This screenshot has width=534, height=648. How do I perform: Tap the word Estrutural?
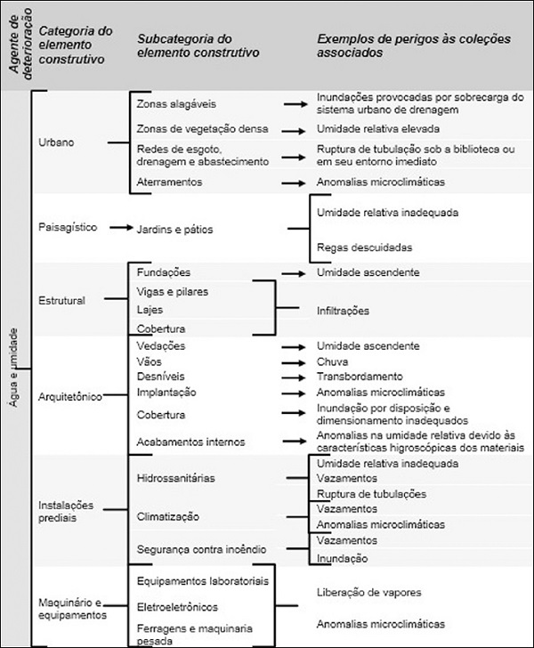point(63,300)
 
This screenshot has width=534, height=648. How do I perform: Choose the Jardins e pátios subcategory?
point(175,229)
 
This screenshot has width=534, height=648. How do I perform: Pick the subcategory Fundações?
point(164,271)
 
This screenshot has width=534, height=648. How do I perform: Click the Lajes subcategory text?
point(150,310)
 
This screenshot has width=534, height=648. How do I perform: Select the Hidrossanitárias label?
point(176,478)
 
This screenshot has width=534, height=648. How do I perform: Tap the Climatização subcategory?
point(168,515)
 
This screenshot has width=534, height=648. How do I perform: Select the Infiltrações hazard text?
point(344,311)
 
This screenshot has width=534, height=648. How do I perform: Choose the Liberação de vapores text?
point(369,591)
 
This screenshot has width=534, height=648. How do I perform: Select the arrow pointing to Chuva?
point(294,362)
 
